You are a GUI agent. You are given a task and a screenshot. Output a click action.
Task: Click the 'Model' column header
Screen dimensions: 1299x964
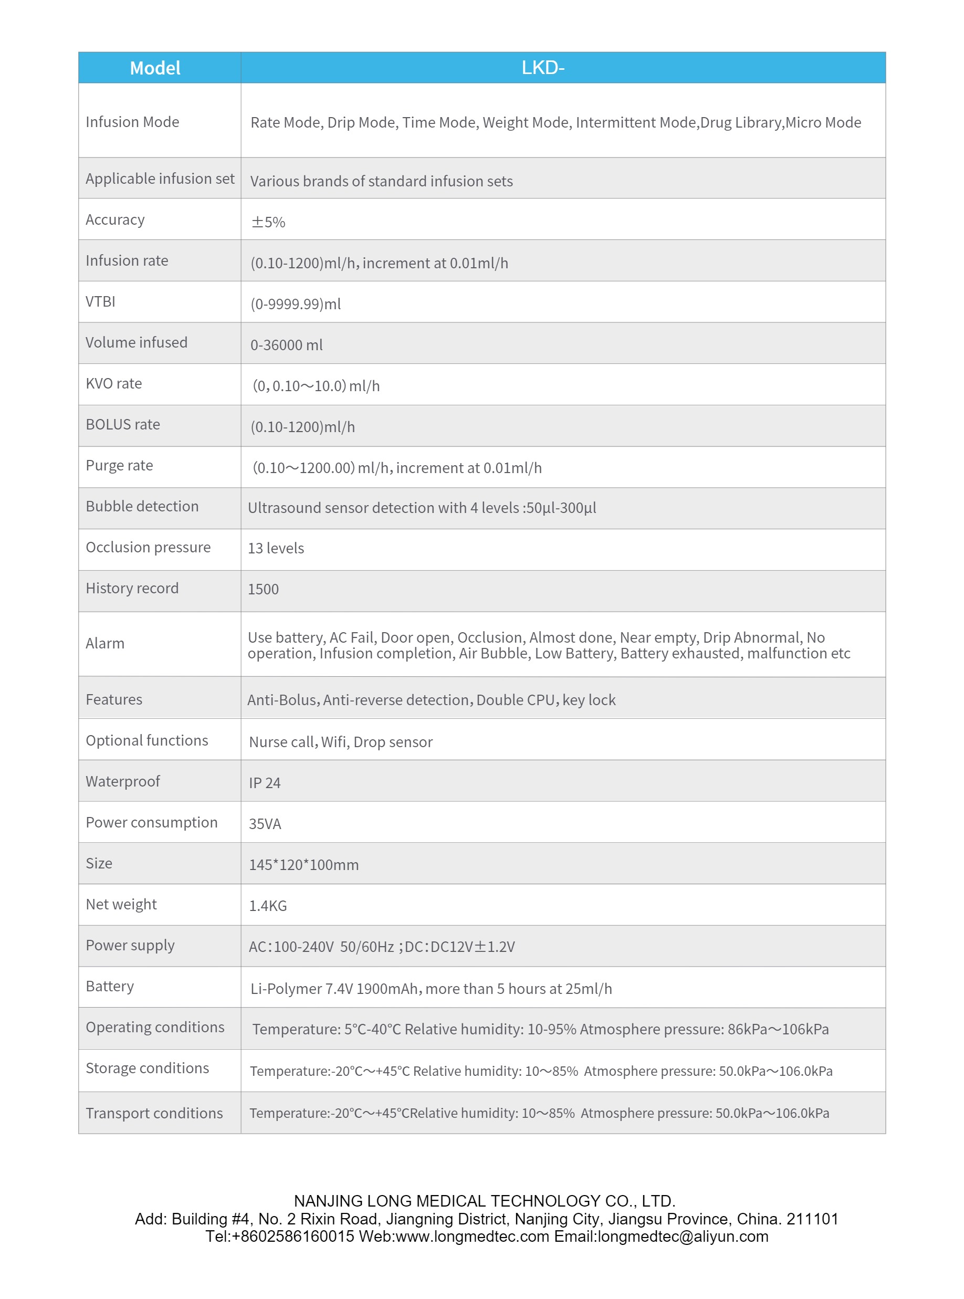pos(155,68)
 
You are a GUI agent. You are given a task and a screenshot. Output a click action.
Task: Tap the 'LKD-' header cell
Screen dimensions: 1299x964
pos(543,68)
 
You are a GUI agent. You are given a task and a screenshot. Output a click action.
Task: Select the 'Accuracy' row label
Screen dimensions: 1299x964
pos(115,219)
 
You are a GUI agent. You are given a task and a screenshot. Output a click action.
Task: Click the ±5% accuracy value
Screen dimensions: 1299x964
pos(268,222)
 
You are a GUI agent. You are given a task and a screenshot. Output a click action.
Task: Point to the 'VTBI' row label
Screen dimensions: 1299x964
pos(100,302)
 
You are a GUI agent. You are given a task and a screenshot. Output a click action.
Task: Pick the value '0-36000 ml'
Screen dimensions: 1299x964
pos(286,345)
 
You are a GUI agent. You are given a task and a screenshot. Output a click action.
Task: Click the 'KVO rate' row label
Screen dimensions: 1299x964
pos(114,383)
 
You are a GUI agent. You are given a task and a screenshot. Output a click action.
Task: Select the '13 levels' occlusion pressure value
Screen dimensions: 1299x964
pos(276,548)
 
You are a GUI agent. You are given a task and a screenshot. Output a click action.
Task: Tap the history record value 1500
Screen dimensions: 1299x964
pos(263,589)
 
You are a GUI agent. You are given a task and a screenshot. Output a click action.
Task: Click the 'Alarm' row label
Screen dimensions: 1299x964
pos(105,643)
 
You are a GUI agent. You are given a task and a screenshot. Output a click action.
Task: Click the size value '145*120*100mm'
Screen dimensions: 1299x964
pos(303,864)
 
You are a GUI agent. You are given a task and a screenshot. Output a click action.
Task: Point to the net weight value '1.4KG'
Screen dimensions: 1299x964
pos(268,905)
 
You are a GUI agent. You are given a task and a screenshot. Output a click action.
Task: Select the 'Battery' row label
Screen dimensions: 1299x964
pos(110,986)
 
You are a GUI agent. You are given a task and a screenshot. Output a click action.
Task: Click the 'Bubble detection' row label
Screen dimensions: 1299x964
pos(142,506)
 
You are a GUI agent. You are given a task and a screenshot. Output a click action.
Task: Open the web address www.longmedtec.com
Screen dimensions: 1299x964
pos(472,1237)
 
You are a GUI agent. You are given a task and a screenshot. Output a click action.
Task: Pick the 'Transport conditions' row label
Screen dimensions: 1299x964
pos(154,1113)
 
